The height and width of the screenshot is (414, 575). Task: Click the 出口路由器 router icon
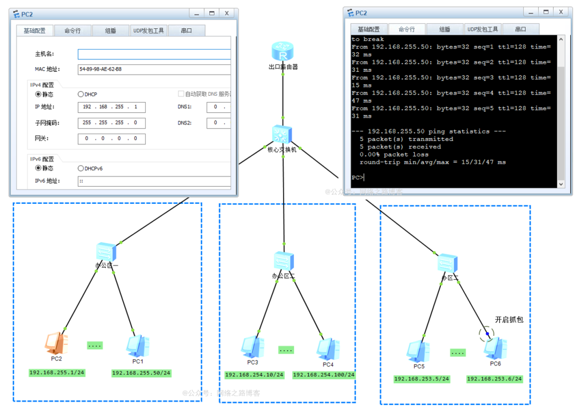coord(283,52)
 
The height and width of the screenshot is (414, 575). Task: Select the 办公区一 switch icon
coord(106,252)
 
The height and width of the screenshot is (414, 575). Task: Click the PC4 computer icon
coord(328,349)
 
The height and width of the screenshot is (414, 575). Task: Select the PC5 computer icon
coord(418,351)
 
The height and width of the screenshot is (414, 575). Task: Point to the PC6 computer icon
coord(495,348)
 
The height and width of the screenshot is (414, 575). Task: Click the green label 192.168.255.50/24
coord(141,373)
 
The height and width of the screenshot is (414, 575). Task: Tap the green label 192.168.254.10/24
coord(254,375)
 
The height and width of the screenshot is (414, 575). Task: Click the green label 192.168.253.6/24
coord(494,379)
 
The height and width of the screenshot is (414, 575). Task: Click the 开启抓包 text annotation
coord(509,320)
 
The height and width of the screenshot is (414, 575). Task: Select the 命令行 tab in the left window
coord(72,31)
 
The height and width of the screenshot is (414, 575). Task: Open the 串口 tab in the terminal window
coord(520,29)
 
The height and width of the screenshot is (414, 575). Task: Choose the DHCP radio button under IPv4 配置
coord(81,94)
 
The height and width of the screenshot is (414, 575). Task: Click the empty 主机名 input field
coord(154,54)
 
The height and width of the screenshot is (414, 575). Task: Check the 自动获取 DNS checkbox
coord(181,94)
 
